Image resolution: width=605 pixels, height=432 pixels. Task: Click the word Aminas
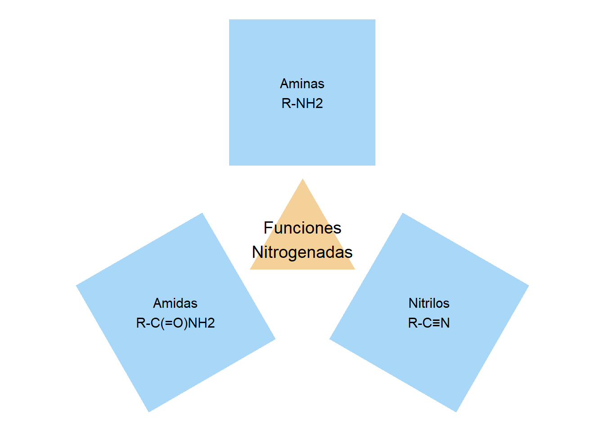(x=302, y=84)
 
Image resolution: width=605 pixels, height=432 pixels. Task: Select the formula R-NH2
(x=302, y=103)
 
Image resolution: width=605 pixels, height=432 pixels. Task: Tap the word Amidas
(x=175, y=303)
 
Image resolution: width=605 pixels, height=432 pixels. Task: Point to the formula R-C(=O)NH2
(x=175, y=323)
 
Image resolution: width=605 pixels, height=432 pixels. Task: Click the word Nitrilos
(x=429, y=303)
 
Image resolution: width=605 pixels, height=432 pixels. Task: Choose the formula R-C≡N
(x=429, y=323)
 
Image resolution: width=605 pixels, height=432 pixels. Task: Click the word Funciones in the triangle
(x=302, y=228)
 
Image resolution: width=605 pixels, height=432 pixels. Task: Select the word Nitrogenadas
(x=302, y=252)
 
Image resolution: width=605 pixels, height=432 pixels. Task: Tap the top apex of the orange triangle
(x=302, y=180)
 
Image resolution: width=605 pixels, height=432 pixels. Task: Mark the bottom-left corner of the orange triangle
(x=251, y=269)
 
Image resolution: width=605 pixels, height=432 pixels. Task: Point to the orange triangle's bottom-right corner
(x=355, y=269)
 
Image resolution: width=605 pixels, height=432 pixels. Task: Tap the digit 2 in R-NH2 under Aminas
(x=319, y=103)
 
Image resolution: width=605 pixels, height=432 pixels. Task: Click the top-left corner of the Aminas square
(x=230, y=20)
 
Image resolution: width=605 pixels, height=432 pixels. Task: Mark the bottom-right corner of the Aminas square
(x=375, y=165)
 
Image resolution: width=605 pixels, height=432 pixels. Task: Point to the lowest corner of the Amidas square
(x=149, y=411)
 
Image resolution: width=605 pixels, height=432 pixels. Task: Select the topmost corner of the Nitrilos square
(x=402, y=213)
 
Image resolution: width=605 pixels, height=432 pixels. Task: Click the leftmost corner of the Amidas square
(x=77, y=286)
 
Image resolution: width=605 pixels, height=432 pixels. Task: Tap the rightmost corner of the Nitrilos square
(x=528, y=286)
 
